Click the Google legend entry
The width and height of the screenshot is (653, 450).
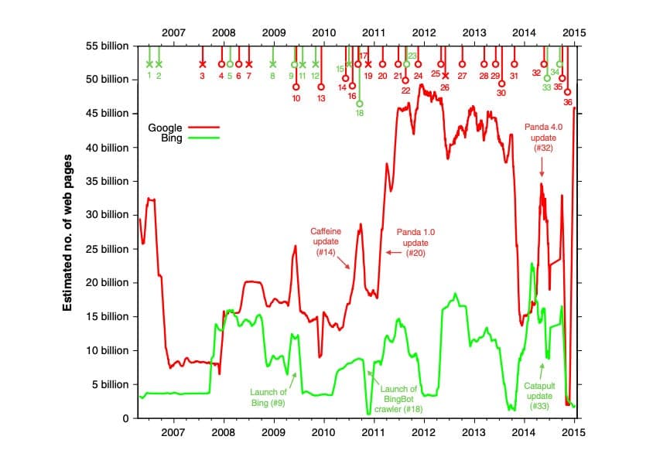pyautogui.click(x=165, y=127)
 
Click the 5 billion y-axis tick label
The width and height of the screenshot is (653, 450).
pyautogui.click(x=111, y=384)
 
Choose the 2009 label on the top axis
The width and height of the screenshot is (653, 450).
pyautogui.click(x=273, y=32)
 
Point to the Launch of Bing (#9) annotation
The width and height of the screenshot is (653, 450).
pyautogui.click(x=268, y=397)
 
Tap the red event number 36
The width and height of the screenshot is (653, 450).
pyautogui.click(x=568, y=101)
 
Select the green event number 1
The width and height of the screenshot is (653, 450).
pyautogui.click(x=149, y=75)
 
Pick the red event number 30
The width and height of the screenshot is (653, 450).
pyautogui.click(x=501, y=93)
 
